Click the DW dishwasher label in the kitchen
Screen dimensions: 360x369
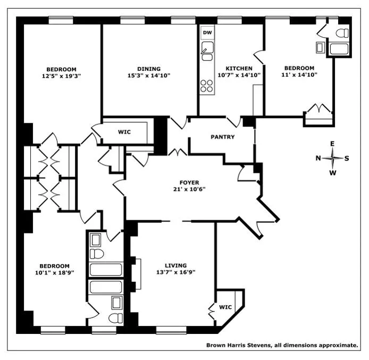point(207,32)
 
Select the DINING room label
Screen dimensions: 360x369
point(149,69)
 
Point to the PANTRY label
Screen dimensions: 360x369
point(222,137)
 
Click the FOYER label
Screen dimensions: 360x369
point(189,182)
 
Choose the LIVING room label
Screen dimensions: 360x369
point(175,265)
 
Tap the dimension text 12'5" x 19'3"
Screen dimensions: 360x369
point(61,76)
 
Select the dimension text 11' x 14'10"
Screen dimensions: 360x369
point(299,75)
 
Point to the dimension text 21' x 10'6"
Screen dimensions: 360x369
point(189,189)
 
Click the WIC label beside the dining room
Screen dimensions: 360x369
point(124,132)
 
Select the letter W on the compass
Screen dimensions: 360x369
point(333,172)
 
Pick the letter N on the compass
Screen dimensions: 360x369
point(318,158)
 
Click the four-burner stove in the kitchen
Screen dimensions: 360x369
point(207,85)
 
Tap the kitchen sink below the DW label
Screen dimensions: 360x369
point(207,53)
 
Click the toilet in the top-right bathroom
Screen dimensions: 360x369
point(343,33)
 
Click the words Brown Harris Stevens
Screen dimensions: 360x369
point(238,345)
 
